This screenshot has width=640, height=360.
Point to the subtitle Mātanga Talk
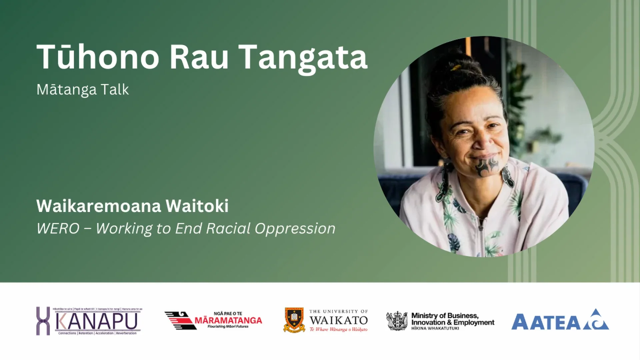83,90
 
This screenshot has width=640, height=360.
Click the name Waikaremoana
99,206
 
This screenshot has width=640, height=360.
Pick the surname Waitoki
197,206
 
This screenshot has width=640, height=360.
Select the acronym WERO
58,229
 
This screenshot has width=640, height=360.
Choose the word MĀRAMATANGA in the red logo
228,320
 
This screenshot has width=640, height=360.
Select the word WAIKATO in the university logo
338,320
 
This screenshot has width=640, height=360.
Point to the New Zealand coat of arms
397,321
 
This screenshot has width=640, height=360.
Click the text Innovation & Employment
453,322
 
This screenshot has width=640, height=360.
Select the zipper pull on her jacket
481,227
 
